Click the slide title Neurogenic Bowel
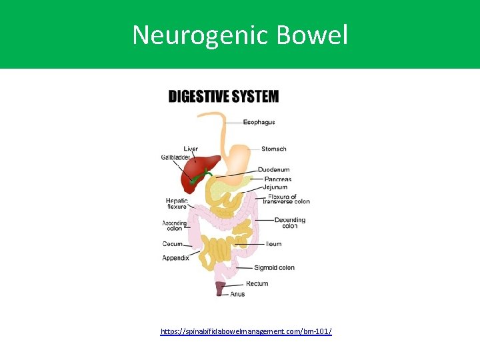click(240, 35)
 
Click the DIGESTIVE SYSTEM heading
click(223, 97)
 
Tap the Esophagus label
click(259, 122)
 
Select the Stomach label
click(273, 149)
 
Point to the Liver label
click(191, 149)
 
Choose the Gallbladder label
click(176, 157)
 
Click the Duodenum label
click(273, 170)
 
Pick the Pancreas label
click(277, 179)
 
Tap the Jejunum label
click(275, 187)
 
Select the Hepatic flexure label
click(177, 203)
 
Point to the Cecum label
click(172, 244)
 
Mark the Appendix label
click(175, 258)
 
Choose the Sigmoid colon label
click(274, 268)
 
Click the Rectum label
click(257, 284)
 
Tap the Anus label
click(237, 294)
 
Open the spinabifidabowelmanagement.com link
click(246, 331)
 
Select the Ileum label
click(273, 244)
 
